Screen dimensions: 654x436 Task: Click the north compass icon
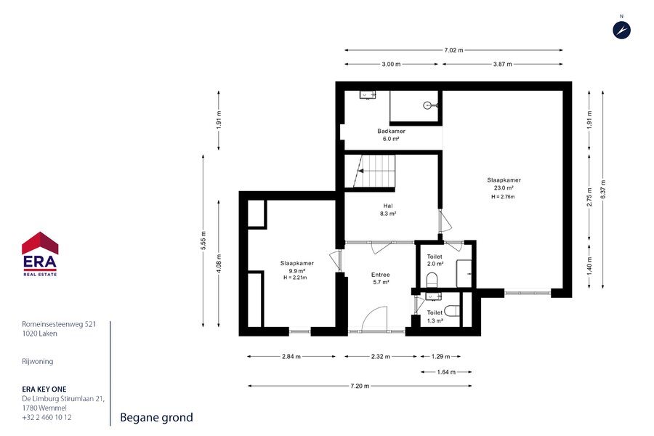tap(621, 30)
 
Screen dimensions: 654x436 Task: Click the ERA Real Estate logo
tap(40, 254)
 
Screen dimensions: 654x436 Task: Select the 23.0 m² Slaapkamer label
tap(504, 188)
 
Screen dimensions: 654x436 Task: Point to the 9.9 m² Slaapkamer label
tap(296, 270)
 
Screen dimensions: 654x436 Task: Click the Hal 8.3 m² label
tap(388, 209)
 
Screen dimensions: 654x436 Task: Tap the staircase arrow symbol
tap(360, 171)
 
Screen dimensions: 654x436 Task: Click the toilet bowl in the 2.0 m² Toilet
tap(432, 280)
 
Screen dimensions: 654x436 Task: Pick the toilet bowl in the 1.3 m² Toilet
tap(452, 311)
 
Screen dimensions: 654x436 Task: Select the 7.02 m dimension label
tap(453, 50)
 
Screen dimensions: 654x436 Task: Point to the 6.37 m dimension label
tap(603, 189)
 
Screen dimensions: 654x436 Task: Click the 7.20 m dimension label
tap(360, 386)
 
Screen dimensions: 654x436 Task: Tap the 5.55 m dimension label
tap(203, 241)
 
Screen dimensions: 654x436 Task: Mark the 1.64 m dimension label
tap(446, 372)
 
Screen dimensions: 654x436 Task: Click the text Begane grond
tap(156, 417)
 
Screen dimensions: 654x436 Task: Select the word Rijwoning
tap(38, 361)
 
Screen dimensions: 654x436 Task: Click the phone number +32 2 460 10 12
tap(47, 417)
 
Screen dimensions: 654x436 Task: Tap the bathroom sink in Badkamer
tap(368, 94)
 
